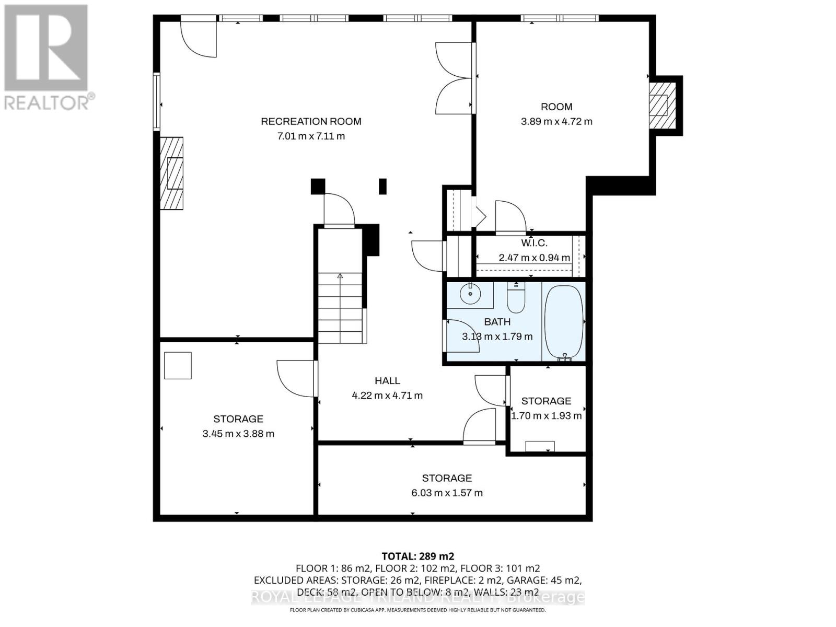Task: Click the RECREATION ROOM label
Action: coord(311,122)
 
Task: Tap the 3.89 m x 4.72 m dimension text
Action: coord(556,122)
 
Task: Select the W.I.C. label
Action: coord(534,243)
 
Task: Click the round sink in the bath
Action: coord(470,294)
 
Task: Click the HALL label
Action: coord(387,381)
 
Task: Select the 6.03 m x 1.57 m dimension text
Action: coord(447,493)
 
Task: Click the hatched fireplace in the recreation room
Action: coord(172,173)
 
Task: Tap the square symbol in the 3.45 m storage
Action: coord(178,365)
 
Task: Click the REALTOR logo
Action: coord(47,57)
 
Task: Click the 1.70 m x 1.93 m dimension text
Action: coord(546,416)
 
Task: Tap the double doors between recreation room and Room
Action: coord(455,78)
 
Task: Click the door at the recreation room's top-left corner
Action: coord(199,38)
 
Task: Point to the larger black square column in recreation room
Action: coord(318,187)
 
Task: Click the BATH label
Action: coord(497,322)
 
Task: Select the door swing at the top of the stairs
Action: coord(339,210)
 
